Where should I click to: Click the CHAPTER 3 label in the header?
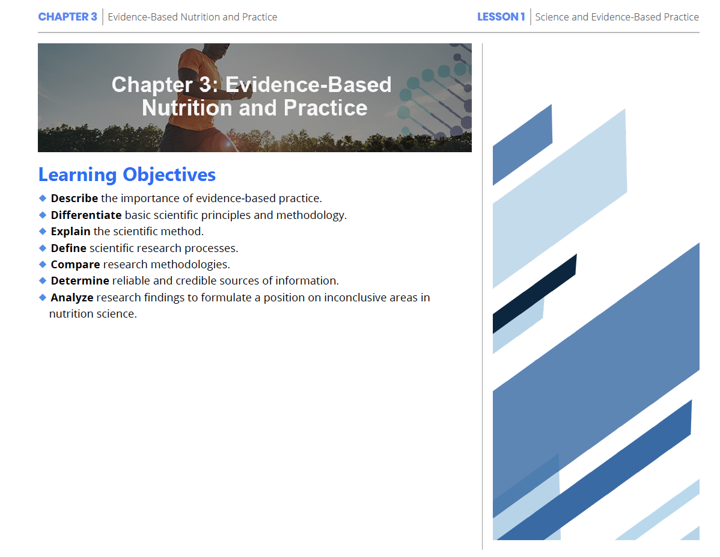[67, 17]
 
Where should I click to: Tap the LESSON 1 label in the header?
[501, 17]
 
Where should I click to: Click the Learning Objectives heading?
[127, 174]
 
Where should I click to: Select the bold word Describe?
[75, 198]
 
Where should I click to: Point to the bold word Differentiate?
[87, 215]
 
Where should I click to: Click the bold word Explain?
[71, 231]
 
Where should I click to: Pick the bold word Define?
[69, 248]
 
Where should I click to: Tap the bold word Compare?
[75, 265]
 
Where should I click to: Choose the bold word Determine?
[80, 281]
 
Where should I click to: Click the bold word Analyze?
[72, 298]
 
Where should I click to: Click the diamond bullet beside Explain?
[43, 231]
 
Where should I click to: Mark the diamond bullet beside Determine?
[43, 281]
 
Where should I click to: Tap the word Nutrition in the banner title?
[187, 108]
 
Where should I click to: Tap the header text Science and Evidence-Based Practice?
[617, 17]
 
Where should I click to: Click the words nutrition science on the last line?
[93, 314]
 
